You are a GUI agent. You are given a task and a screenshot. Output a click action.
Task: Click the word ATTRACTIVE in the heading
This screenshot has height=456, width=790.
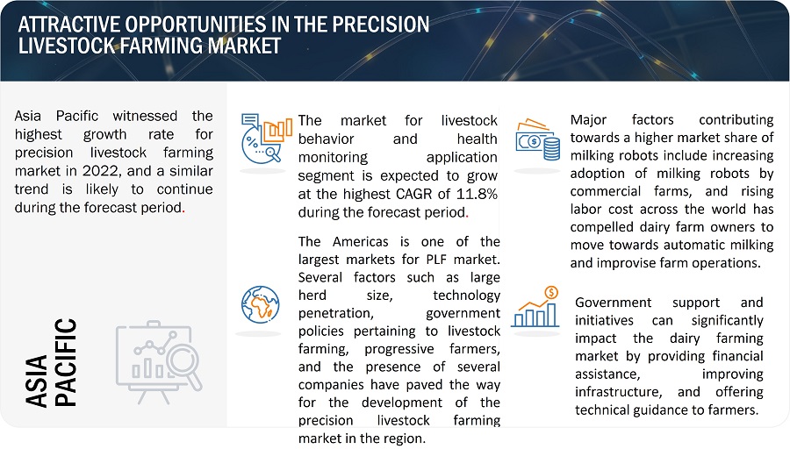coord(69,25)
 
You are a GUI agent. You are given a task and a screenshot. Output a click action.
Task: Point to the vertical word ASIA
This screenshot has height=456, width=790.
coord(36,381)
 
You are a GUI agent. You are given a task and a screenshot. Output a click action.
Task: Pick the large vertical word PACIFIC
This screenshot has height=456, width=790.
coord(66,362)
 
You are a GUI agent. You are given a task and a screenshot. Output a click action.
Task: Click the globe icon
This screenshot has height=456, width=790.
coord(260,304)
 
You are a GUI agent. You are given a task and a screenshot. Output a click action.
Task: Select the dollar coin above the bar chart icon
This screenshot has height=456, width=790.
coord(552,292)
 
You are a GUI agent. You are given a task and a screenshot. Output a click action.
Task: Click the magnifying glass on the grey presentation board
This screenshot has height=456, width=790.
coord(183,365)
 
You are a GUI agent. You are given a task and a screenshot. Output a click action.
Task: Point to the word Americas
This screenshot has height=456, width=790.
coord(360,241)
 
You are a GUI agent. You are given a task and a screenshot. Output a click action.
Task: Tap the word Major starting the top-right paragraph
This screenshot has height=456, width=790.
coord(588,120)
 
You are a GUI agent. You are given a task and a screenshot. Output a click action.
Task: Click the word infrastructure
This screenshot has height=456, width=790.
coord(618,392)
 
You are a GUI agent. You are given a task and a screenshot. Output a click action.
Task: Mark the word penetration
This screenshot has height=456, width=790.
coord(335,314)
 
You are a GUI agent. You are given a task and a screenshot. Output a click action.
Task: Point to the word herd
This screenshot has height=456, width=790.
coord(312,296)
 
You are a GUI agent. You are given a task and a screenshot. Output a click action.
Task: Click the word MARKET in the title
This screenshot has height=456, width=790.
coord(244,46)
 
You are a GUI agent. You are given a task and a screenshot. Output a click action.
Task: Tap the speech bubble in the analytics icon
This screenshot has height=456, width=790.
coord(250,120)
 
